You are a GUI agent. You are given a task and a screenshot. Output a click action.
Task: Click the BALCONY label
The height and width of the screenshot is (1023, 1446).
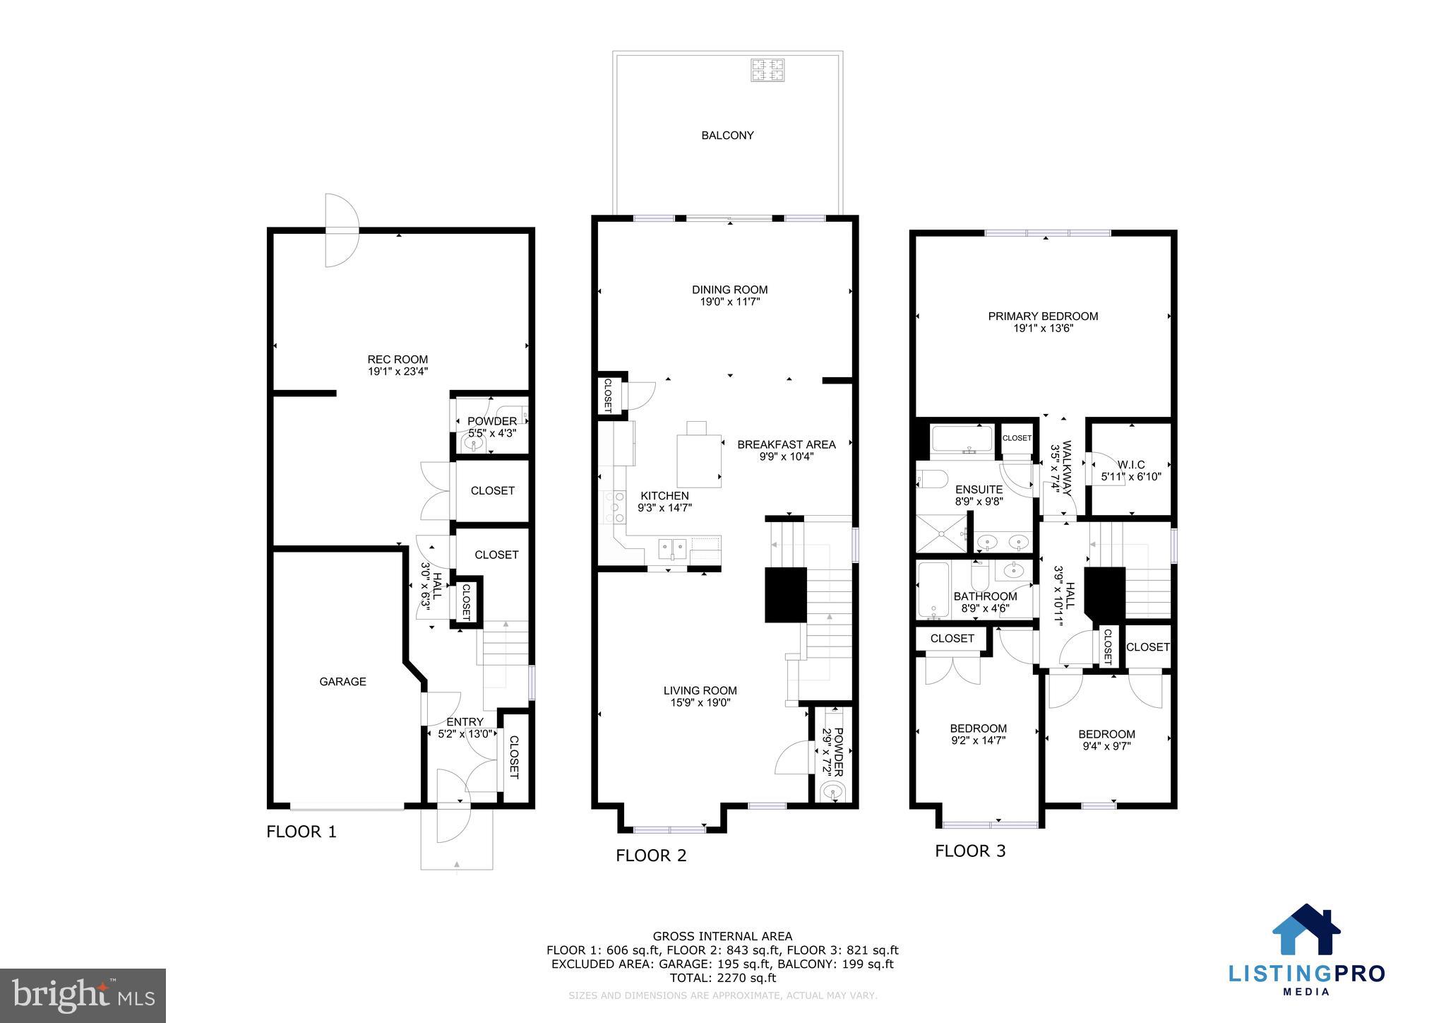pos(727,135)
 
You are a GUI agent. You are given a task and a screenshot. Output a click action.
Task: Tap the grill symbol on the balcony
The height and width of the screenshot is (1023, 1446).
pos(767,70)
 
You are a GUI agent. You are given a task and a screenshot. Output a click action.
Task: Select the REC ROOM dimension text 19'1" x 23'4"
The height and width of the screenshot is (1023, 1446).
pos(398,371)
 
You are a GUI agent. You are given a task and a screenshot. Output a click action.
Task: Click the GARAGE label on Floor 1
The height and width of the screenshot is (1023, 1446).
pos(342,682)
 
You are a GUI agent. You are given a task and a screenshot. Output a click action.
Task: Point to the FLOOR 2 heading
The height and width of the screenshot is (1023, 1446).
pos(650,856)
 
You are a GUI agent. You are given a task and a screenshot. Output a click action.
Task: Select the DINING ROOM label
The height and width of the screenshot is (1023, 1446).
pos(729,290)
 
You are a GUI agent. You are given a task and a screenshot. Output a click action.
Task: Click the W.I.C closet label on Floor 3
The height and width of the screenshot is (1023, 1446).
pos(1131,465)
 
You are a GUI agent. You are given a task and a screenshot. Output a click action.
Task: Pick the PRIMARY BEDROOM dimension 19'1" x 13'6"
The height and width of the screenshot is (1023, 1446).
pos(1043,328)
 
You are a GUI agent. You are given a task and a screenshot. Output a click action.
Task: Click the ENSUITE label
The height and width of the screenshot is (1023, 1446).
pos(979,490)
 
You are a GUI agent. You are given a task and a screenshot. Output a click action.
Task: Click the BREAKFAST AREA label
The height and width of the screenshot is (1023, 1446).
pos(786,444)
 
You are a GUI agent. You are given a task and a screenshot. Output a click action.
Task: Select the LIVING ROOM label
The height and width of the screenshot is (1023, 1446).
pos(700,691)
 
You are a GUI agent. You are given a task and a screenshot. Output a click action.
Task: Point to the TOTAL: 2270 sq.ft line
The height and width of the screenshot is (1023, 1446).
pos(722,978)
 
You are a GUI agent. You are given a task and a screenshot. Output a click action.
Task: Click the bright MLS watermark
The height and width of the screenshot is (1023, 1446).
pos(83,995)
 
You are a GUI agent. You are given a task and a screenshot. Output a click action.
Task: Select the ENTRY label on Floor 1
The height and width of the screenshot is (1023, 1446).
pos(465,722)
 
